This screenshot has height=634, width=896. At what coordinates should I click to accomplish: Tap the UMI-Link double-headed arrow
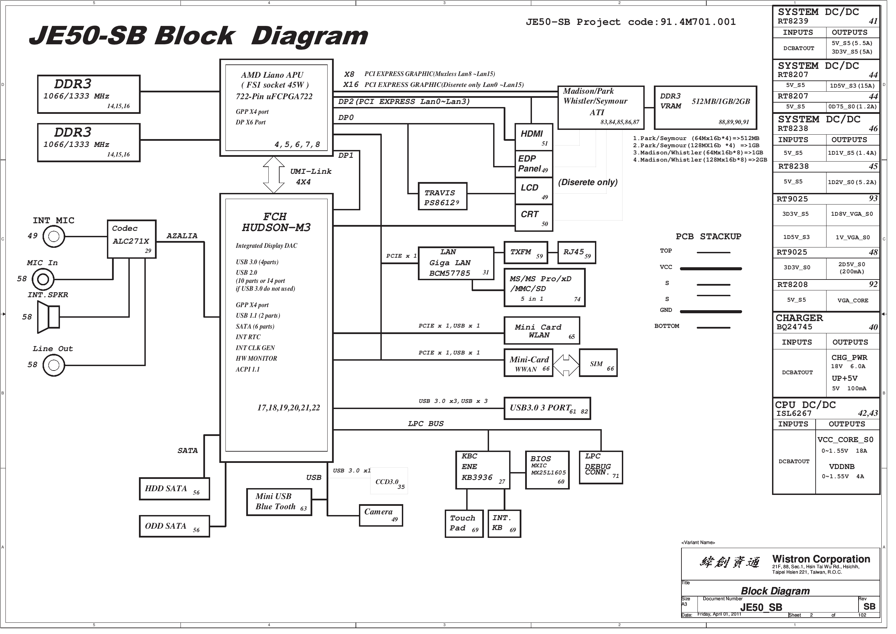point(276,177)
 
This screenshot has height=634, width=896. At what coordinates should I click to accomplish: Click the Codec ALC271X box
point(133,241)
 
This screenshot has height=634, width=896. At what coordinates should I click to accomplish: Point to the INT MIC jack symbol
point(54,238)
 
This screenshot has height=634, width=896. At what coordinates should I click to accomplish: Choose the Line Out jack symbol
point(54,368)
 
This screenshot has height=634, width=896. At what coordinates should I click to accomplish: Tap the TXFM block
point(531,255)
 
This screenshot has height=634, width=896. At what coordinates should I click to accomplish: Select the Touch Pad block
point(468,528)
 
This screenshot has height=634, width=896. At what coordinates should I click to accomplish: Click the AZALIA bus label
point(184,238)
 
